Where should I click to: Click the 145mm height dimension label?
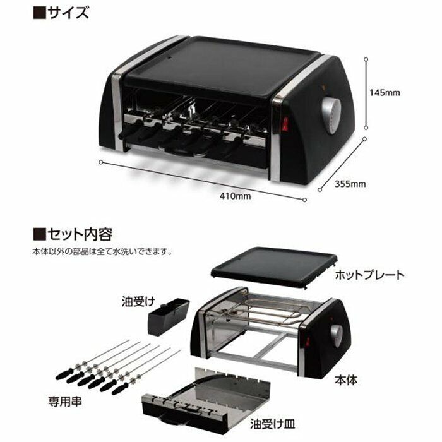point(385,93)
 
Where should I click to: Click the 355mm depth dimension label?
point(350,184)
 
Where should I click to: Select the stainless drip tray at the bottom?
point(208,395)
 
